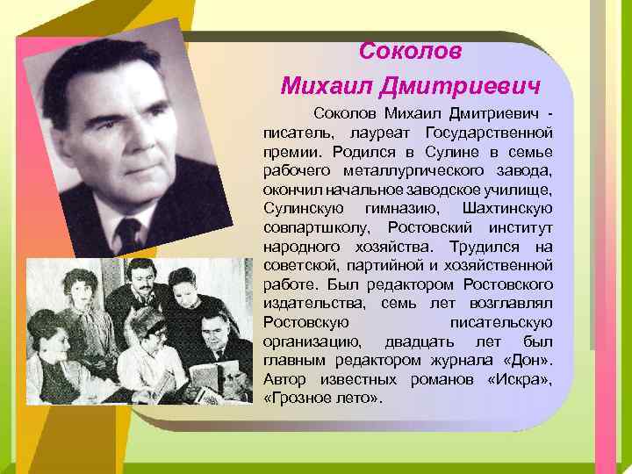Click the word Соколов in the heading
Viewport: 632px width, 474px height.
pyautogui.click(x=411, y=51)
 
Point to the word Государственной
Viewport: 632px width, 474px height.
pyautogui.click(x=487, y=133)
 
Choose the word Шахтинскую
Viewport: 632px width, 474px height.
pyautogui.click(x=506, y=208)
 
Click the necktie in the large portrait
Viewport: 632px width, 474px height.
pyautogui.click(x=129, y=233)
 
